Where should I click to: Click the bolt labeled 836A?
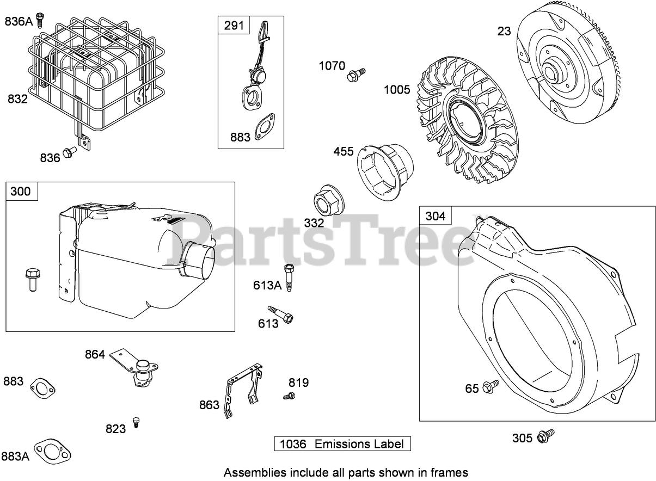(x=39, y=20)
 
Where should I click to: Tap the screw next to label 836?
(x=69, y=153)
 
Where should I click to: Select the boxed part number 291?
(x=234, y=26)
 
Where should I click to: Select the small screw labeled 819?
(x=290, y=396)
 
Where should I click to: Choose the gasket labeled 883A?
(x=53, y=451)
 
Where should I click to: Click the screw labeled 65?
(x=491, y=386)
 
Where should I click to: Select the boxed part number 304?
(x=435, y=216)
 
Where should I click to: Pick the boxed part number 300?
(x=22, y=192)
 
